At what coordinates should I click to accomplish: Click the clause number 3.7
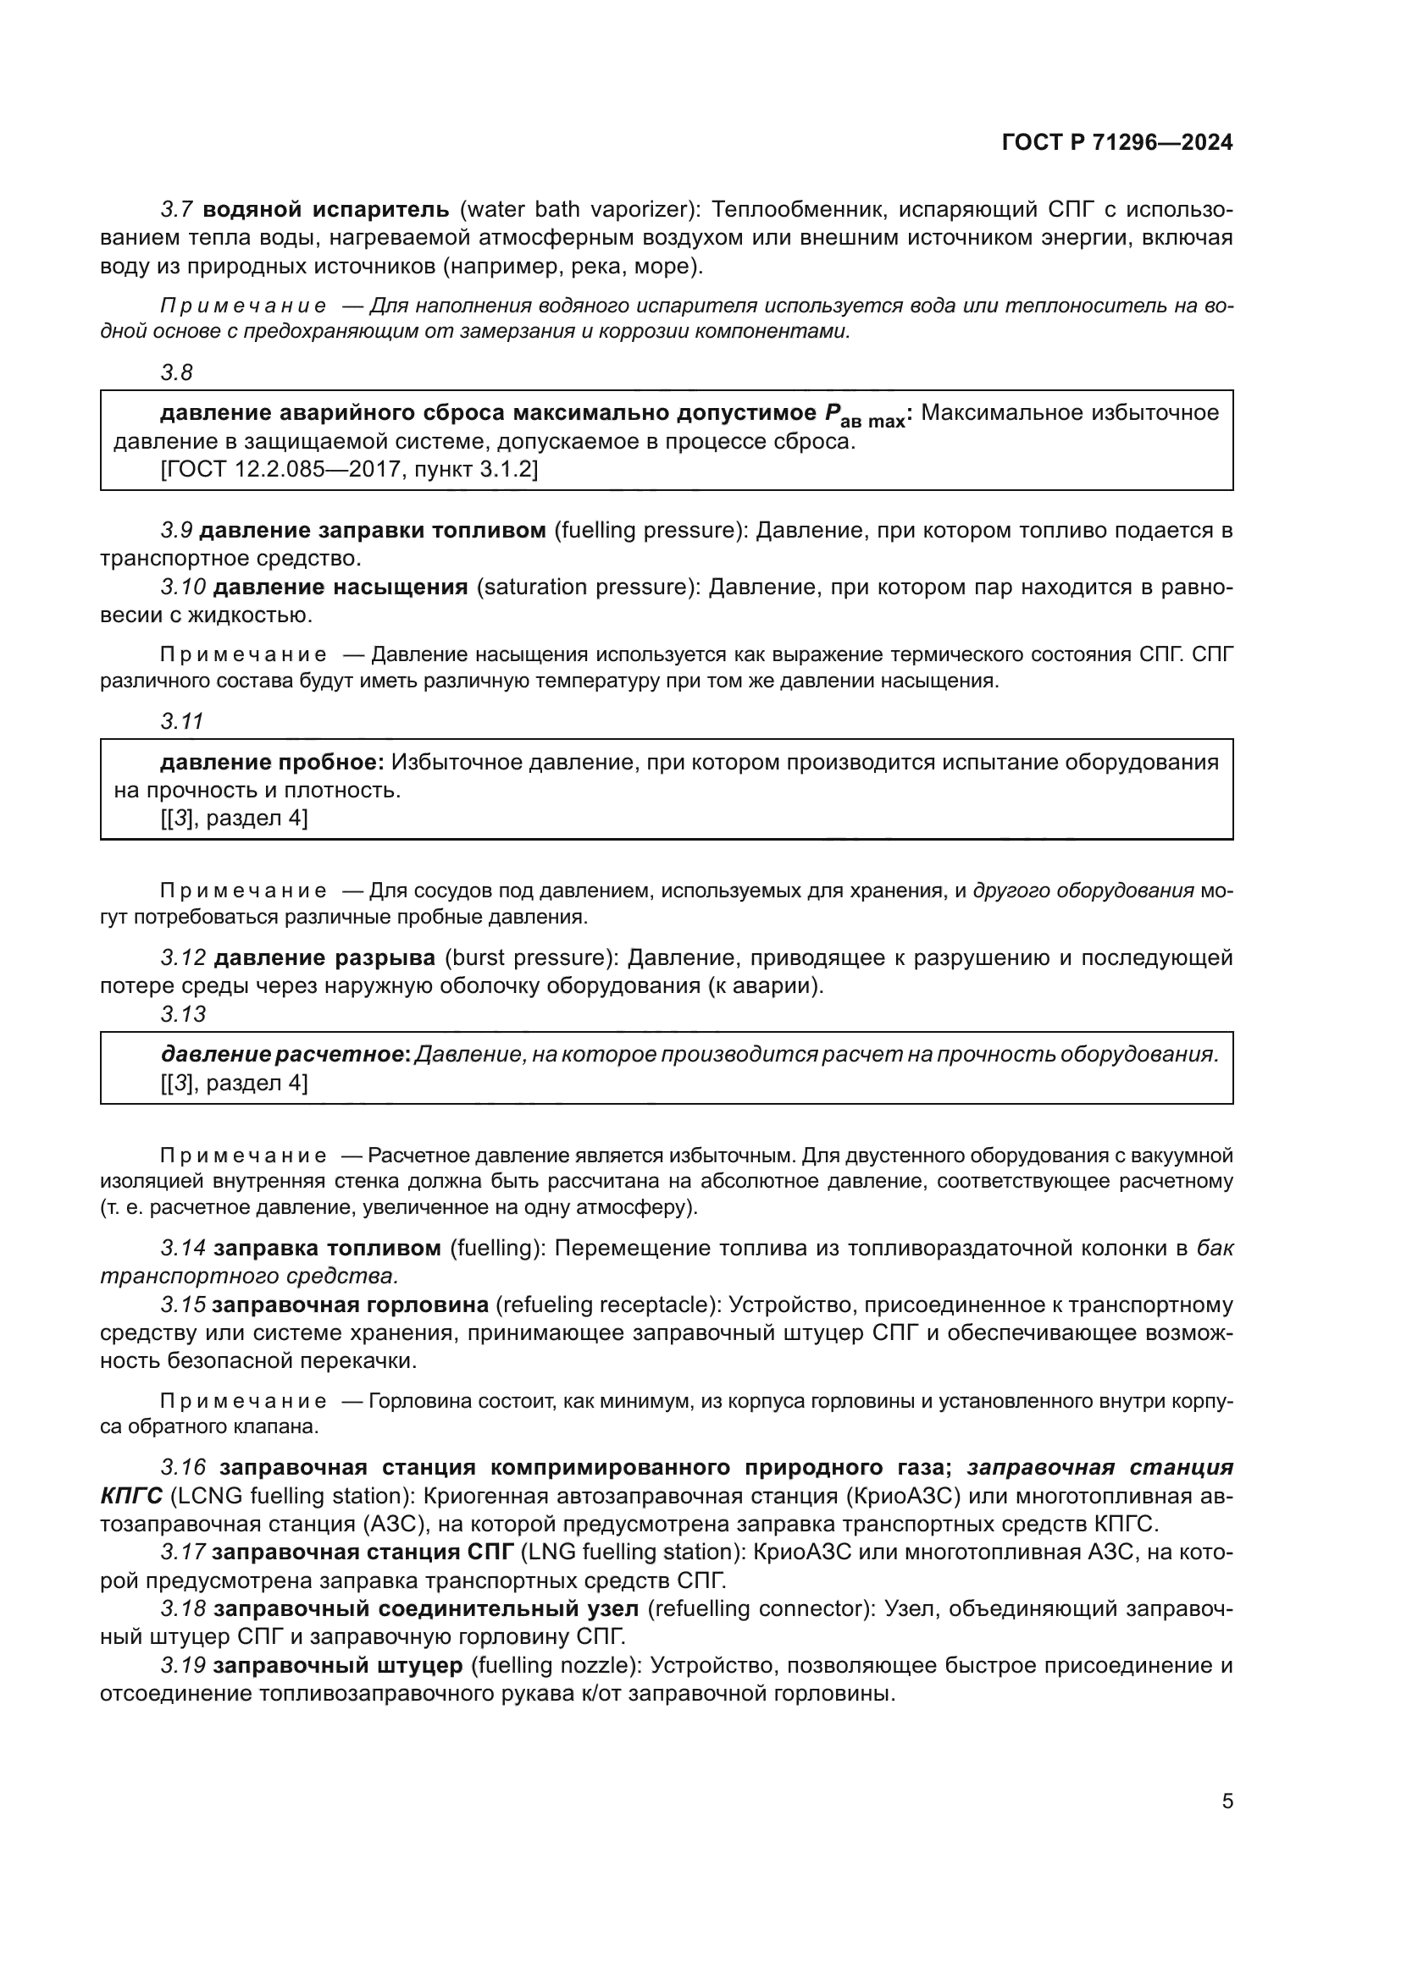181,210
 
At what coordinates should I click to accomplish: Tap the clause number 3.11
181,722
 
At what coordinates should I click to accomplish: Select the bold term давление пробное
272,763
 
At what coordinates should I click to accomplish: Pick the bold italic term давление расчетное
285,1055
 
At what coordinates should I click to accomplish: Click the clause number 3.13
183,1015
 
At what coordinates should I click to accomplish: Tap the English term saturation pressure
587,588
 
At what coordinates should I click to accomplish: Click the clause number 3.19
183,1665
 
